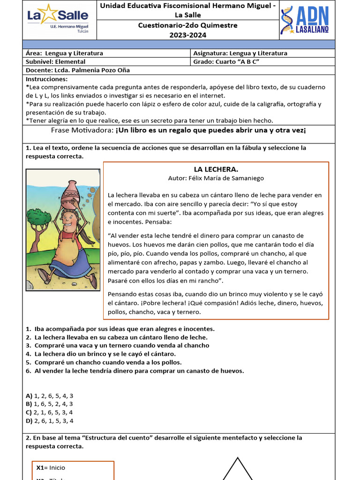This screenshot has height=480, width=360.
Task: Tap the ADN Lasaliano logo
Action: click(305, 20)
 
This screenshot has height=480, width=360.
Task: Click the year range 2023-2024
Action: click(187, 35)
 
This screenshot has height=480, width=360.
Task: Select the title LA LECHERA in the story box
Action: click(216, 169)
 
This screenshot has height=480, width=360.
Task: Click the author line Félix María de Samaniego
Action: click(216, 178)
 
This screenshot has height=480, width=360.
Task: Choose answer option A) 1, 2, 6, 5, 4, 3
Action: click(49, 396)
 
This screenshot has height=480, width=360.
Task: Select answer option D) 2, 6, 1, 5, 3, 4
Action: click(49, 421)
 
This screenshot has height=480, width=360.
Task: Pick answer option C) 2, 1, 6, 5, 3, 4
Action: click(49, 412)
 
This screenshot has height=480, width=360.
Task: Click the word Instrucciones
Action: click(47, 79)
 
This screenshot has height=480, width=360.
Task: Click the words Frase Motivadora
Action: click(80, 130)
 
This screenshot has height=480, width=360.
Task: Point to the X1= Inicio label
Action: click(51, 467)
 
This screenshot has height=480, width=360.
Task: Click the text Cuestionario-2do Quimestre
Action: click(187, 25)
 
